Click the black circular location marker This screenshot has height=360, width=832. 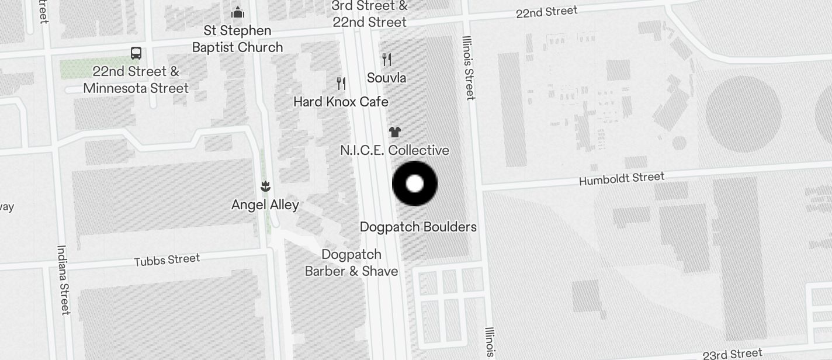[x=415, y=184]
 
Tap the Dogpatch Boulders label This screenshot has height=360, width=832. [x=418, y=227]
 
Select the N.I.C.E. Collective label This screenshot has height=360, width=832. [x=394, y=150]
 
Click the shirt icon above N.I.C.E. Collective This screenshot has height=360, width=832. [x=395, y=132]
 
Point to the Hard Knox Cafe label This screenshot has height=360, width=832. [x=341, y=102]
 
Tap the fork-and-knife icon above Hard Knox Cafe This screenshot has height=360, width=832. [x=342, y=84]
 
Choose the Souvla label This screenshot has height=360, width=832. [x=386, y=78]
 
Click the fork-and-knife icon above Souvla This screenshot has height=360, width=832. [x=386, y=59]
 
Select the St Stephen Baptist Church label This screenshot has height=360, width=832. [x=237, y=39]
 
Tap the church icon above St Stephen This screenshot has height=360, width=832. [x=238, y=12]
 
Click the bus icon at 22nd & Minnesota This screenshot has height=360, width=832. [x=136, y=53]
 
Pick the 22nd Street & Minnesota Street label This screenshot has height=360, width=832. [x=136, y=80]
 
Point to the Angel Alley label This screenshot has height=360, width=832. [x=265, y=205]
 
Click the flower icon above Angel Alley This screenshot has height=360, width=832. [x=265, y=186]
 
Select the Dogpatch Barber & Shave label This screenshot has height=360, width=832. [x=352, y=263]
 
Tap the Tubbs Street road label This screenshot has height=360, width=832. [x=167, y=259]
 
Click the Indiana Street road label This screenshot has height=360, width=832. [x=63, y=279]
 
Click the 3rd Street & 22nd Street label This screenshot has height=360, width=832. [x=369, y=14]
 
